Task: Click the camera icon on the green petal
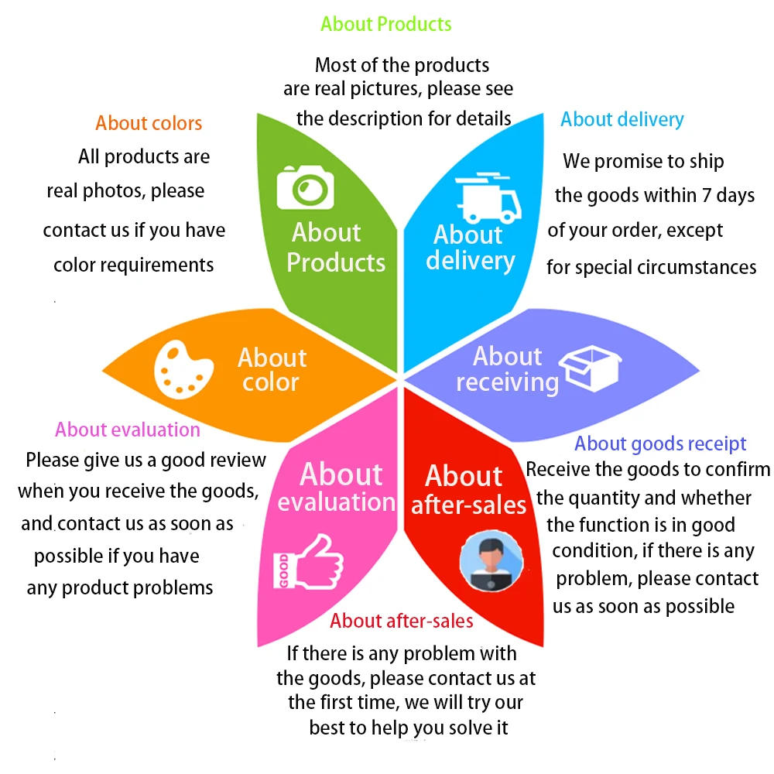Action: [x=306, y=187]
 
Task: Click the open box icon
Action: [x=590, y=369]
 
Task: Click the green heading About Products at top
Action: [x=386, y=24]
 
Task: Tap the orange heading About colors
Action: [x=149, y=123]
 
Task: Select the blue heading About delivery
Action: [x=622, y=119]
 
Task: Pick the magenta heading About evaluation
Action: [x=128, y=430]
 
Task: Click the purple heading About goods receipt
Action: [x=660, y=444]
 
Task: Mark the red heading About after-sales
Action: [x=402, y=621]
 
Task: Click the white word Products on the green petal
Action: [x=336, y=262]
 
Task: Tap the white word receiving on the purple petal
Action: [x=507, y=382]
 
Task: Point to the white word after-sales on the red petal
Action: [x=468, y=505]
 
